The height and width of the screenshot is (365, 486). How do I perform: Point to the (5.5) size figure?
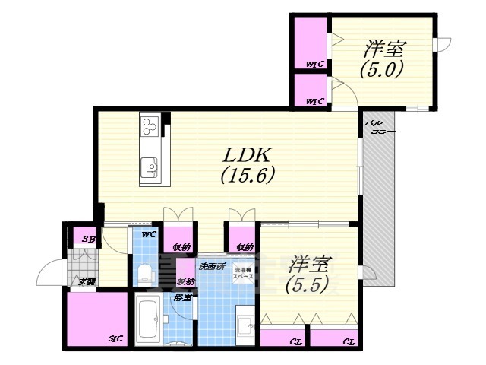pyautogui.click(x=307, y=287)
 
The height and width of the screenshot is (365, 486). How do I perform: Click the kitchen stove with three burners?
pyautogui.click(x=149, y=125)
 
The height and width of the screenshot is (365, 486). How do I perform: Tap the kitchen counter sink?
pyautogui.click(x=149, y=167)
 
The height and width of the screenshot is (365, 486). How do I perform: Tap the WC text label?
pyautogui.click(x=149, y=234)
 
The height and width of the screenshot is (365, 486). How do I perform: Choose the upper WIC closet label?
pyautogui.click(x=315, y=64)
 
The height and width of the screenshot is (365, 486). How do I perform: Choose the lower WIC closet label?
pyautogui.click(x=315, y=100)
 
